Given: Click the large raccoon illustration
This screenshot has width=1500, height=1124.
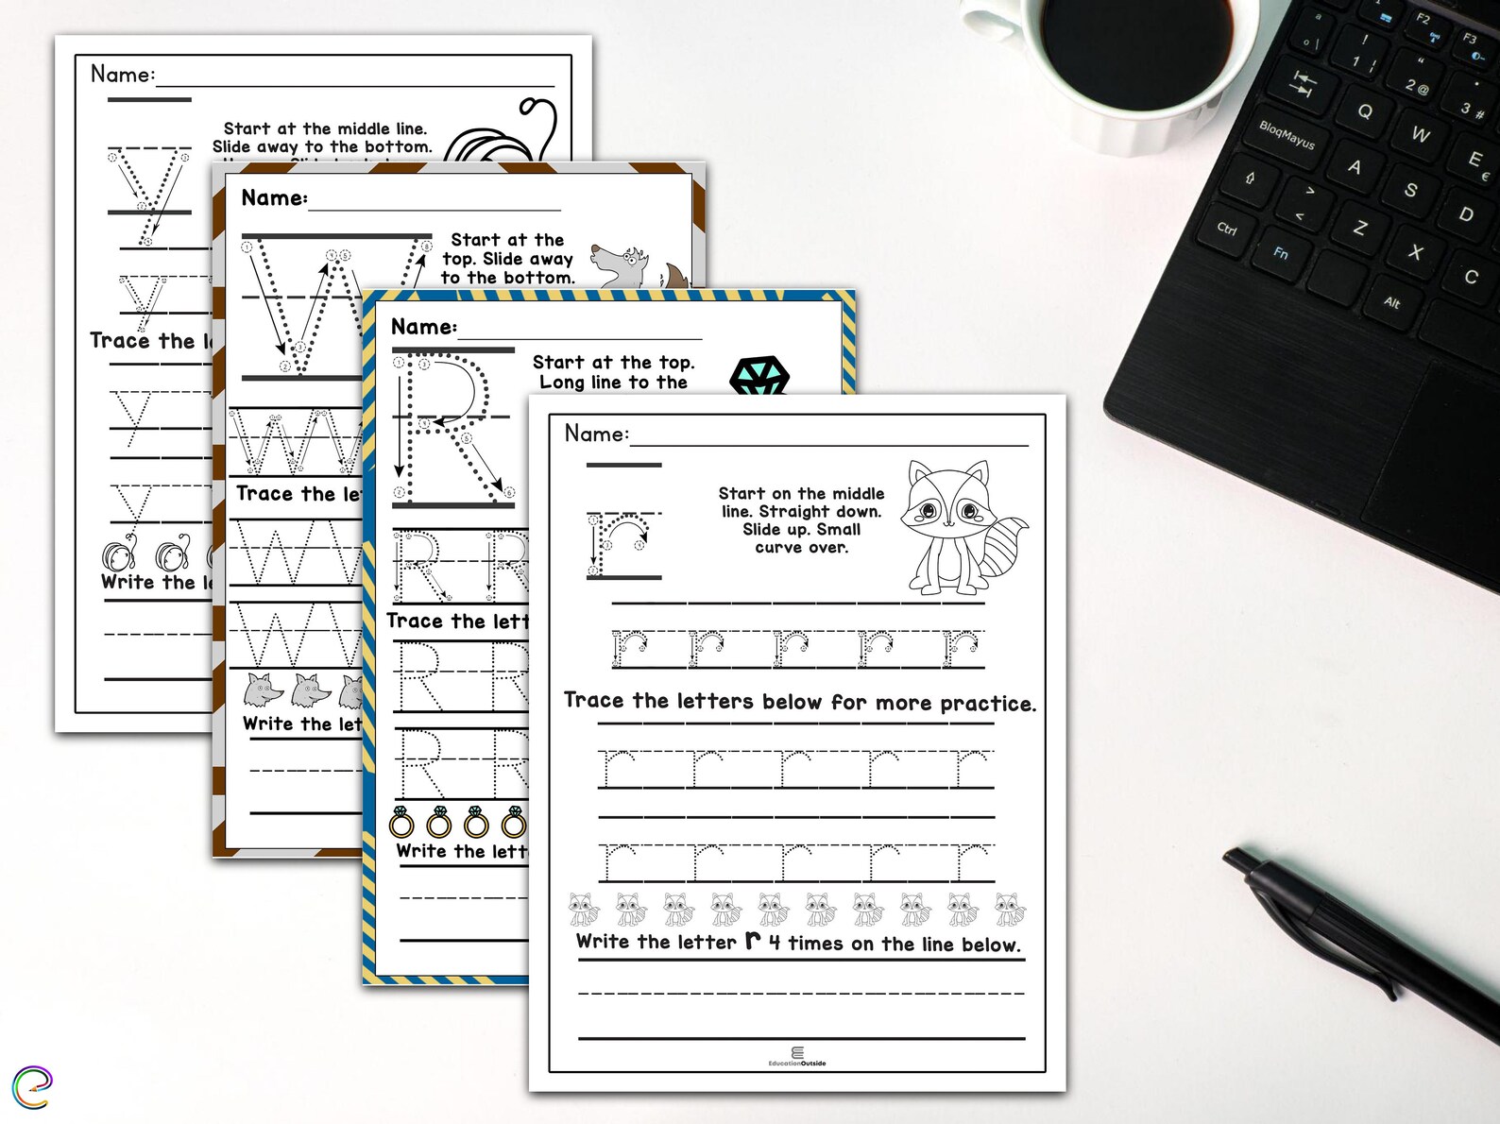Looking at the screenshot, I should pos(959,527).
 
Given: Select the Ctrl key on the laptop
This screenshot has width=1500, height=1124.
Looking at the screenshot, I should pos(1227,229).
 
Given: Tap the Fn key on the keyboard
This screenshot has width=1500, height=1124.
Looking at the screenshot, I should pos(1281,253).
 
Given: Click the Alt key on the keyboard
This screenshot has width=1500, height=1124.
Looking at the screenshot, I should pos(1391,302).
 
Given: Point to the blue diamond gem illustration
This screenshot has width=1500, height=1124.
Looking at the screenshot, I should pos(759,376).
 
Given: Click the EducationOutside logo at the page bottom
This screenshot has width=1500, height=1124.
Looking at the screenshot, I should pos(797,1057).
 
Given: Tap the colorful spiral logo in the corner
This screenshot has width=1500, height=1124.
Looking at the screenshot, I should pos(32,1087).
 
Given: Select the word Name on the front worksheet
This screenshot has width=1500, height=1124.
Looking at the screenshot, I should pos(595,434).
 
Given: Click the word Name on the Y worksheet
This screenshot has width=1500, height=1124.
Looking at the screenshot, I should pos(121,74).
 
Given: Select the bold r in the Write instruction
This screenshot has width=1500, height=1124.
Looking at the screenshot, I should pos(753,941).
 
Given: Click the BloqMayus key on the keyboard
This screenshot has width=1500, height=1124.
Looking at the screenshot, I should pos(1287,135).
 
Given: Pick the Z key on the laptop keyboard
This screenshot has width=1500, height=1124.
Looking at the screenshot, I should pos(1360,228).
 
